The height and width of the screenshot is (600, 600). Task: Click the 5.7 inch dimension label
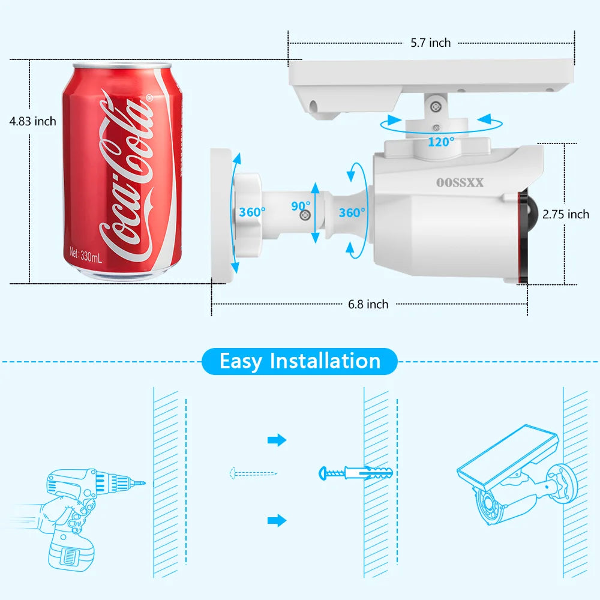point(430,43)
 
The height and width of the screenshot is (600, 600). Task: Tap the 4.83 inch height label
point(32,121)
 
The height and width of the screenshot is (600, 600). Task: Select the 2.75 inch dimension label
point(565,214)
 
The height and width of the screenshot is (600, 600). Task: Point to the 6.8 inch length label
point(368,304)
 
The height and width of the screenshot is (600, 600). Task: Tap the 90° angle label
point(301,206)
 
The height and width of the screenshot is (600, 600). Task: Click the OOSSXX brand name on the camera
point(460,183)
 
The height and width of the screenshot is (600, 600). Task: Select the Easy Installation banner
point(300,361)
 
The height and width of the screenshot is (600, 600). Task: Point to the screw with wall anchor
point(356,473)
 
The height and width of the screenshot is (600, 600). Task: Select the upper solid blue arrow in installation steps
point(277,440)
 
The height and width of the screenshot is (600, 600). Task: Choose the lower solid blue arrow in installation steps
point(277,520)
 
